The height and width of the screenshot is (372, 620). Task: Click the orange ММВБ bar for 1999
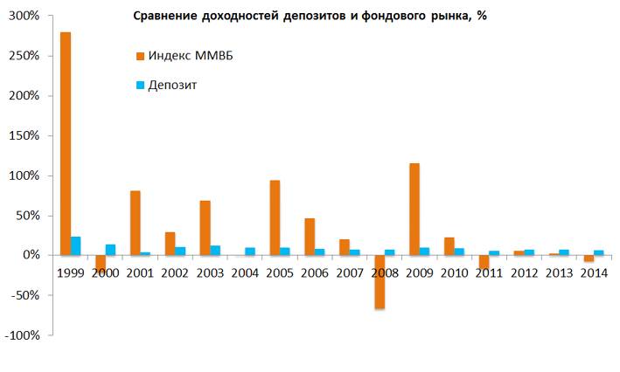tap(66, 143)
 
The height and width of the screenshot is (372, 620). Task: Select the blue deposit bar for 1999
tap(76, 245)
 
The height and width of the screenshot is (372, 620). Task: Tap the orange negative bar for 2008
tap(379, 281)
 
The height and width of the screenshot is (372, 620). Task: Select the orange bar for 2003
tap(205, 228)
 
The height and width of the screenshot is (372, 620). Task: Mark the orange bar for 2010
tap(449, 246)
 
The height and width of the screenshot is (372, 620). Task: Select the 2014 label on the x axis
tap(593, 273)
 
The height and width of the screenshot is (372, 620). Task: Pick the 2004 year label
tap(245, 273)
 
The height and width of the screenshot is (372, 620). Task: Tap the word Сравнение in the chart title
tap(167, 17)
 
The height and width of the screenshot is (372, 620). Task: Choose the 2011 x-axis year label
tap(489, 273)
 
